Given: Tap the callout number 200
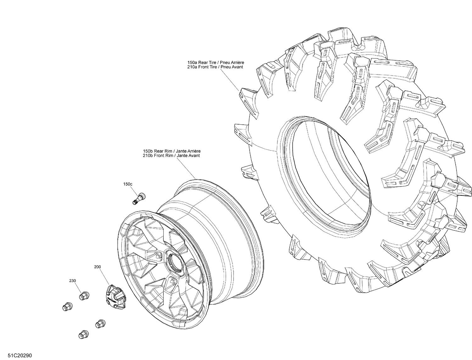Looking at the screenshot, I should click(x=98, y=267).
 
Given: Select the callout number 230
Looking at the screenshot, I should click(x=73, y=280).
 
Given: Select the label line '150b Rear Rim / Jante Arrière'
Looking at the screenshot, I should click(x=171, y=151).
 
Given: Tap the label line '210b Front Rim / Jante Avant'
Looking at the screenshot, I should click(x=171, y=155).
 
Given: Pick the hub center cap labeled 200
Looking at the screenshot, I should click(x=113, y=295).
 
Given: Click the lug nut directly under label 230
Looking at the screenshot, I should click(x=83, y=296).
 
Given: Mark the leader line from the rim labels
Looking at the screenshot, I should click(x=186, y=168).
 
